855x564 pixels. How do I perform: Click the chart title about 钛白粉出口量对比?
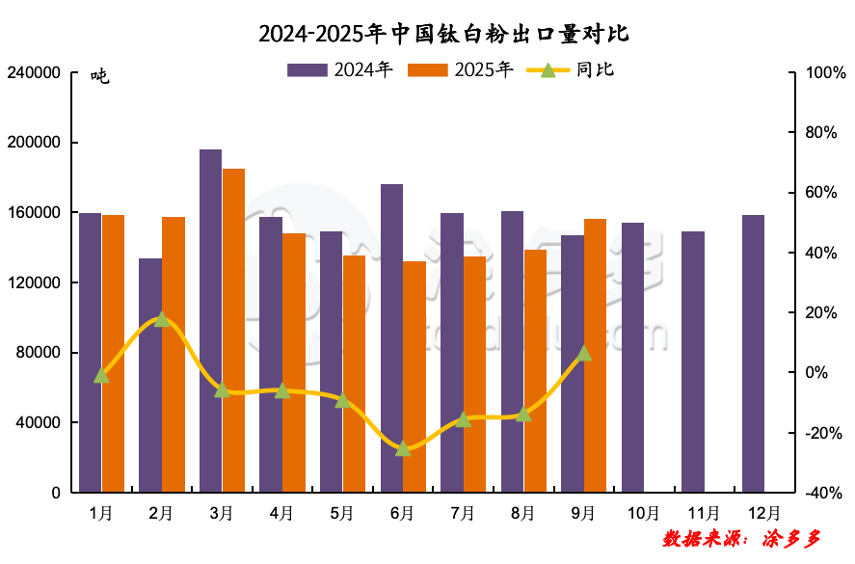pos(443,35)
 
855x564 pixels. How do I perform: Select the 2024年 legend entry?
pos(340,69)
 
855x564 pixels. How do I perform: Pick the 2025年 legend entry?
pos(461,69)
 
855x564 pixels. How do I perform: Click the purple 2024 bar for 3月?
pos(210,320)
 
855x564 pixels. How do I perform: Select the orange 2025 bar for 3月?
pos(233,330)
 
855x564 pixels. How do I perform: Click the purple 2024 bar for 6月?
pos(391,337)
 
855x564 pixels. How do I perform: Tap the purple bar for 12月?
pos(753,353)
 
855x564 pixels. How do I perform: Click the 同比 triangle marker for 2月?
pos(162,319)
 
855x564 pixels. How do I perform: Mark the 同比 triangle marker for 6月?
pos(403,448)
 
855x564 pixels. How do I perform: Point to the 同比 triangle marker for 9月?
pos(584,353)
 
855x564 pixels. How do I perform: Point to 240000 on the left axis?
pos(34,73)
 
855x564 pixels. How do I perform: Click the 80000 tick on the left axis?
pos(38,353)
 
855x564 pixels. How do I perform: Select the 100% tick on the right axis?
pos(824,73)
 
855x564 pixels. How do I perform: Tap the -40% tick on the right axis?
pos(824,493)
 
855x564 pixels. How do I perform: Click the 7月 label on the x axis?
pos(463,513)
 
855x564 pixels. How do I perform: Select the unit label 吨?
pos(100,77)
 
